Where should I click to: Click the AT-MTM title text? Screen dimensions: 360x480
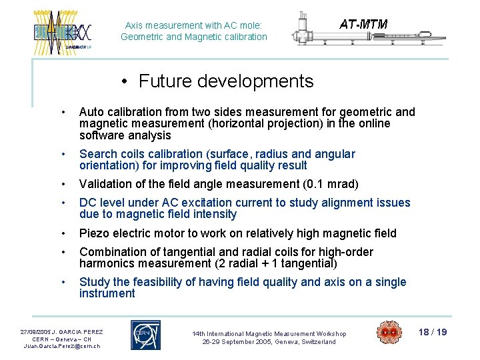point(363,24)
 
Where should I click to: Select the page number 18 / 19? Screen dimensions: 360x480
point(432,332)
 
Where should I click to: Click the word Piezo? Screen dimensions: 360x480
point(95,233)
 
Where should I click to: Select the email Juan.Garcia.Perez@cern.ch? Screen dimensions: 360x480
point(62,346)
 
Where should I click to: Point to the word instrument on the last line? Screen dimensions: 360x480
point(107,293)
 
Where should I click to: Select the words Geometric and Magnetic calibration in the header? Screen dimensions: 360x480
point(194,37)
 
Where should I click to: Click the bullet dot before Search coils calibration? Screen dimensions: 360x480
point(62,155)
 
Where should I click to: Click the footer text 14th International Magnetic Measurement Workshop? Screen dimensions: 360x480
point(269,333)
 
